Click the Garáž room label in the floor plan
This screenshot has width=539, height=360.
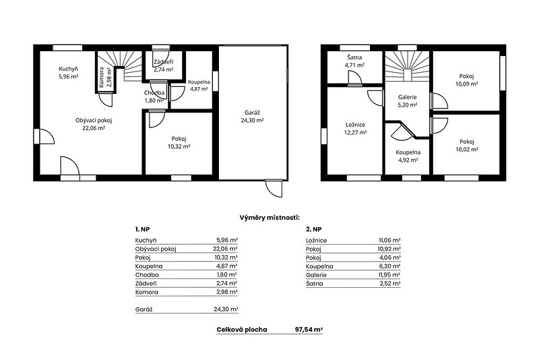point(252,113)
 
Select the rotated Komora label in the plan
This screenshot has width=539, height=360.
point(102,78)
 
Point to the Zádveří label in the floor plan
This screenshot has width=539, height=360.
point(163,62)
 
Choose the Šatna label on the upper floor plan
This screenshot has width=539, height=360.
point(354,57)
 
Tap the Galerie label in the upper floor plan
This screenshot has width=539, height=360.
point(408,97)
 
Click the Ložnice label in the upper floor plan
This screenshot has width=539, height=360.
point(355,125)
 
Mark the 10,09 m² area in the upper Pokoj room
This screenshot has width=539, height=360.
point(466,84)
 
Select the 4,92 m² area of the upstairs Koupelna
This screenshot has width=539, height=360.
point(408,160)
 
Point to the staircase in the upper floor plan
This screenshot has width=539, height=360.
point(407,66)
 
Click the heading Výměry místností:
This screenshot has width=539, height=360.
point(269,218)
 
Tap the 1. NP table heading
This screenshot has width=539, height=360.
point(142,229)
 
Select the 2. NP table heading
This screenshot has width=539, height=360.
point(313,229)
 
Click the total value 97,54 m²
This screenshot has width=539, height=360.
point(309,330)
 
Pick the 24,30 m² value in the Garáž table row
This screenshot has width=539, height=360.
point(226,309)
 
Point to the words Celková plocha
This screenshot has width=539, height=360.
point(242,330)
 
